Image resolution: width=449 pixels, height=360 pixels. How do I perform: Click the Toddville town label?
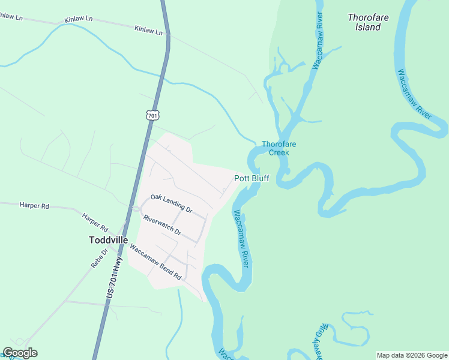(x=108, y=239)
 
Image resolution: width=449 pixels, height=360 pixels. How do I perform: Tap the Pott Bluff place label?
(x=252, y=178)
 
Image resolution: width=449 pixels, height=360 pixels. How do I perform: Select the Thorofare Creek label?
(x=279, y=148)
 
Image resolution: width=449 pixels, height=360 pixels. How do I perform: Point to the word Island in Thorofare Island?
(x=368, y=27)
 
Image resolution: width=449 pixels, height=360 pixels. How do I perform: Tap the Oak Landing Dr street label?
(x=171, y=203)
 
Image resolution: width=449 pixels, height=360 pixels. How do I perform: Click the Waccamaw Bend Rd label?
(x=155, y=263)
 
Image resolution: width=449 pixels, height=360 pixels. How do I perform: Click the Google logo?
(x=20, y=353)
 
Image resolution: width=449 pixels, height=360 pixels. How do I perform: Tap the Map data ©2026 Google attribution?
(x=411, y=355)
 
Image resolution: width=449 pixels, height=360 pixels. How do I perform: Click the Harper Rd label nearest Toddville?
(x=95, y=223)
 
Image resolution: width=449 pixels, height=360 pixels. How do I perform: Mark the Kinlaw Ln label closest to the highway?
(x=149, y=29)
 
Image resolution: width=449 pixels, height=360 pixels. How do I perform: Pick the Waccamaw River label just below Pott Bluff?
(x=241, y=239)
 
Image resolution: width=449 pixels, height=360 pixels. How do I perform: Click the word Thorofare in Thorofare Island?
(x=368, y=17)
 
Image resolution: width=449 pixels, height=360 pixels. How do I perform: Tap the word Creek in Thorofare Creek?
(x=279, y=152)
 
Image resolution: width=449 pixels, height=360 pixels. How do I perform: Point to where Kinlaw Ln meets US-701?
(x=167, y=34)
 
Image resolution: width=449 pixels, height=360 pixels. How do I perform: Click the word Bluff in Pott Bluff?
(x=260, y=178)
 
